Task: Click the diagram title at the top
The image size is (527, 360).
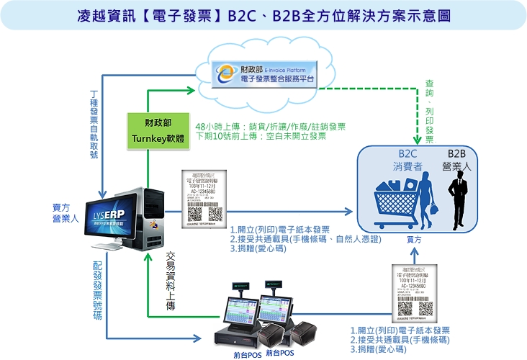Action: tap(263, 15)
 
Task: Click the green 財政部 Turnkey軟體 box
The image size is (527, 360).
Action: tap(148, 130)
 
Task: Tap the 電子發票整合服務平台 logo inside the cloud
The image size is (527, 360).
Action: tap(267, 72)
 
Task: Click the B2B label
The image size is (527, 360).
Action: tap(458, 154)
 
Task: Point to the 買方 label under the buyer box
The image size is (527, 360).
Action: tap(415, 238)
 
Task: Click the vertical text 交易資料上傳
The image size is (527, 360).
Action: tap(171, 281)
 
